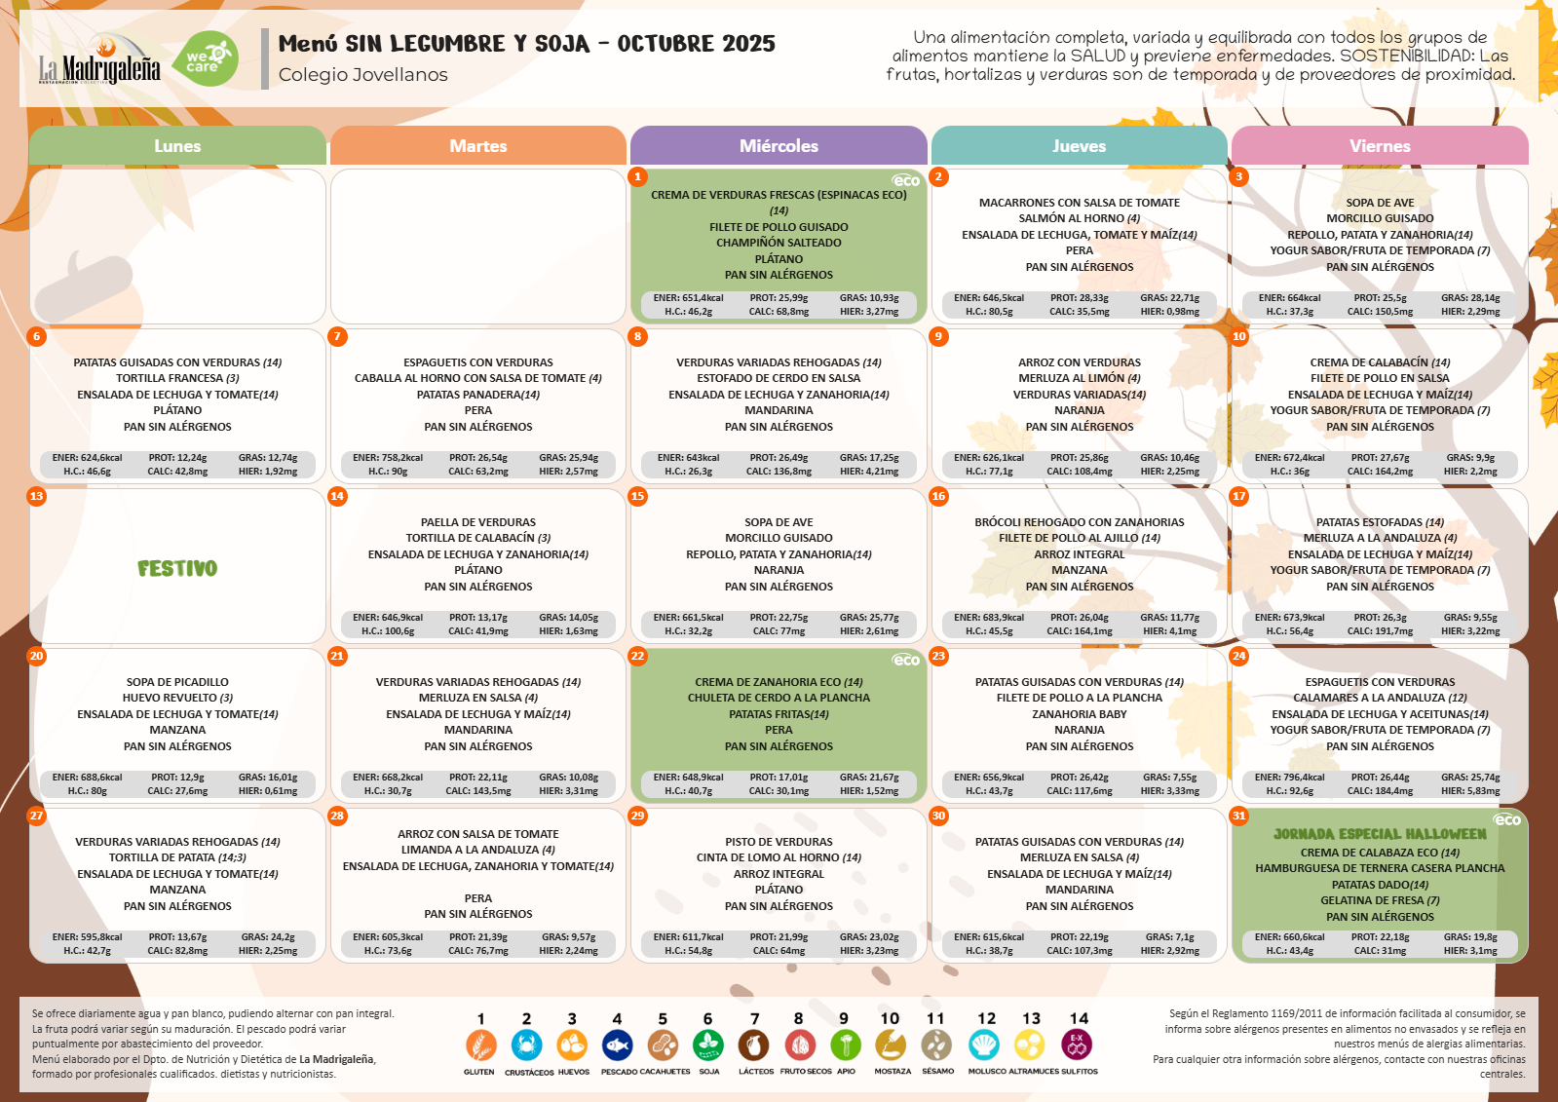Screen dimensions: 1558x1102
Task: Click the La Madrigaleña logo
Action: click(x=99, y=60)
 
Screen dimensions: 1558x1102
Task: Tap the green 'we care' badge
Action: click(x=209, y=59)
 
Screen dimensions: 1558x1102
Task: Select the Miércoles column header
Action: click(x=779, y=146)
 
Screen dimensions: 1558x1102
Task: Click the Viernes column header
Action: click(x=1380, y=146)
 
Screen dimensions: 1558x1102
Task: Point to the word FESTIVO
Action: click(x=177, y=568)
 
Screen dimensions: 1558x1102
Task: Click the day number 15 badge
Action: click(x=638, y=496)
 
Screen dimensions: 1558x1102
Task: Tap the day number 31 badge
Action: click(x=1239, y=816)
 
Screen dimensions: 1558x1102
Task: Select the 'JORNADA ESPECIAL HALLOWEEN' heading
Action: click(x=1380, y=834)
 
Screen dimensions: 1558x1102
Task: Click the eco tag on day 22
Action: click(x=906, y=660)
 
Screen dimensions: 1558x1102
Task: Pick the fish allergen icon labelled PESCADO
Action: click(x=618, y=1045)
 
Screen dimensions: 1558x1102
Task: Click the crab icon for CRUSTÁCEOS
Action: click(x=527, y=1045)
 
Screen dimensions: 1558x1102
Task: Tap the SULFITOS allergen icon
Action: click(x=1077, y=1045)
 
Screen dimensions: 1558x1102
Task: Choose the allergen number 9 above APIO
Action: click(x=844, y=1018)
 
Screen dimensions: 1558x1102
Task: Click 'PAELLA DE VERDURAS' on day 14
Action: click(x=478, y=522)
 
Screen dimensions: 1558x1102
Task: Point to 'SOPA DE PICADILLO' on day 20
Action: click(x=177, y=682)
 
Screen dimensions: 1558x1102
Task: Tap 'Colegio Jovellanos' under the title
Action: click(x=363, y=75)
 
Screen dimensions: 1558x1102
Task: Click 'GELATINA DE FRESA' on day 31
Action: click(x=1372, y=900)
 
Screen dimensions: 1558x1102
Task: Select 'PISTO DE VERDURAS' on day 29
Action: click(x=779, y=842)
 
